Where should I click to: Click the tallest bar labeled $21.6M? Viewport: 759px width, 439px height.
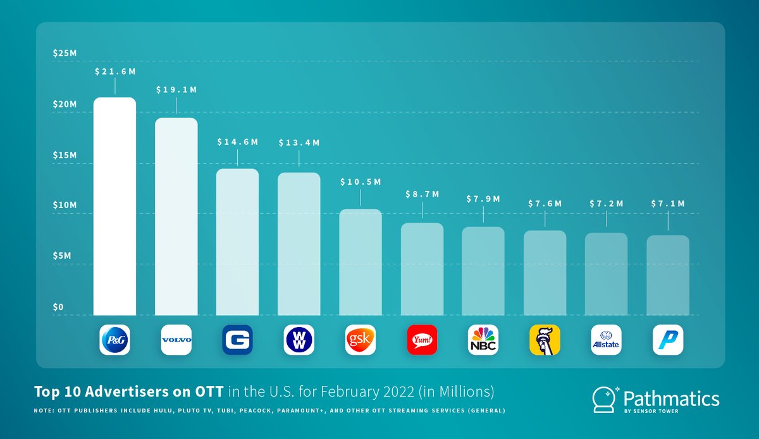114,206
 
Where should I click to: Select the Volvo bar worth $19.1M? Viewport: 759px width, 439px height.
176,216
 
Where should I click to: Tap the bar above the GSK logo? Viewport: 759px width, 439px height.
361,262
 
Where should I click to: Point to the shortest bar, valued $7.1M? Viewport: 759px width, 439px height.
668,275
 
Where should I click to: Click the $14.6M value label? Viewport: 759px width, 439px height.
237,142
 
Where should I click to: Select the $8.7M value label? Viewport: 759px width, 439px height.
422,194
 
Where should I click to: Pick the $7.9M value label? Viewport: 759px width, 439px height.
483,199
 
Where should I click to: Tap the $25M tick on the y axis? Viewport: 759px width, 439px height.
65,53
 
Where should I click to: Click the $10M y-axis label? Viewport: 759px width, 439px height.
65,206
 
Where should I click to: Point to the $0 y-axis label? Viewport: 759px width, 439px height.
58,307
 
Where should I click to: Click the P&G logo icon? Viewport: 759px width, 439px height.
114,340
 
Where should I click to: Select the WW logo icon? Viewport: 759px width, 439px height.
299,340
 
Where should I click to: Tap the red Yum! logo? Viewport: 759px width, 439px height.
422,340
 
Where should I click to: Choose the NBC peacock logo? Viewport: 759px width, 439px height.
483,340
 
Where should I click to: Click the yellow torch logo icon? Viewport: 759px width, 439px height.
545,340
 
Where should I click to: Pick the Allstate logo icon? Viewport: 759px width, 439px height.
606,340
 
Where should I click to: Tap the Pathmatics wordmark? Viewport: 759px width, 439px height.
671,399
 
